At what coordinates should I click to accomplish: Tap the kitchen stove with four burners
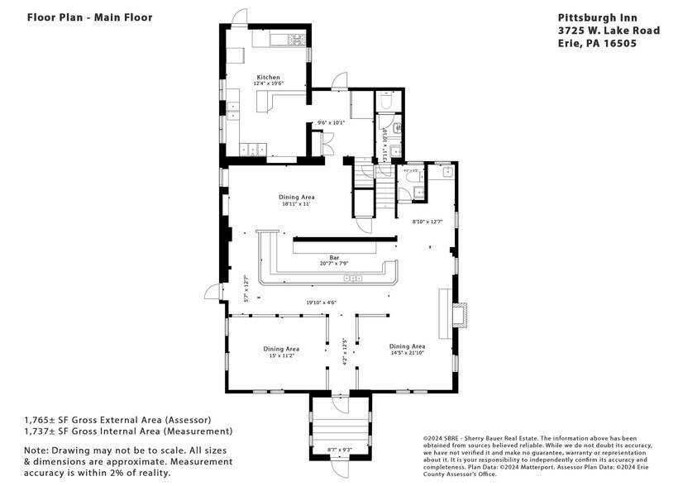pyautogui.click(x=295, y=39)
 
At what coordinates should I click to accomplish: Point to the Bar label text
pyautogui.click(x=334, y=257)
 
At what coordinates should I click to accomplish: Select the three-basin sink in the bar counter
pyautogui.click(x=353, y=279)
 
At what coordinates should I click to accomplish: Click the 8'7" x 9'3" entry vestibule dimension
pyautogui.click(x=340, y=450)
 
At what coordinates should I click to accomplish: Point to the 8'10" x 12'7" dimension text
pyautogui.click(x=427, y=222)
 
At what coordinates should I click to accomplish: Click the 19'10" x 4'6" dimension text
pyautogui.click(x=322, y=303)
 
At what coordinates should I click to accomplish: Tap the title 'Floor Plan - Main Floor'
pyautogui.click(x=78, y=17)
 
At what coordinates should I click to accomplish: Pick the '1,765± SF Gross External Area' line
pyautogui.click(x=117, y=419)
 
